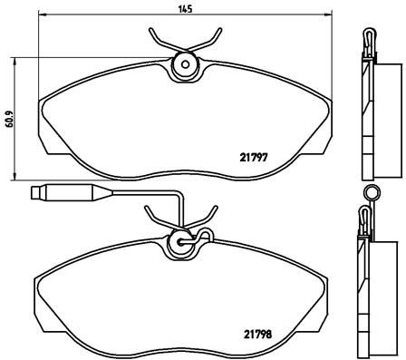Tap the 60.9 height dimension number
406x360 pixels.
[10, 119]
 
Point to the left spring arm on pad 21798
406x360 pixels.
[159, 217]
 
